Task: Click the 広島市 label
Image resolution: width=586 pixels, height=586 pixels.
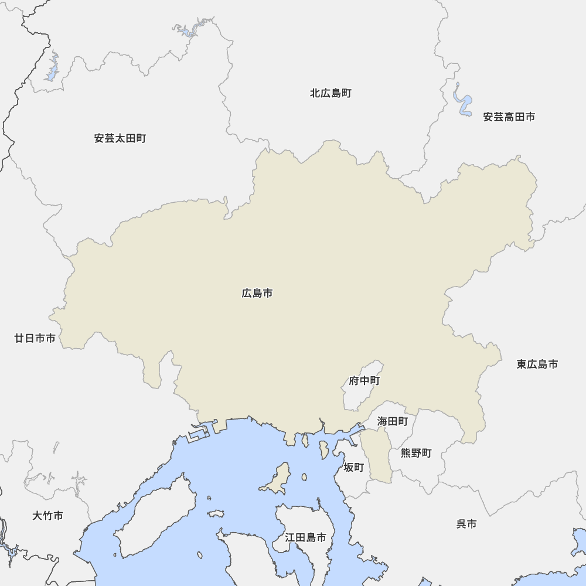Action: tap(257, 293)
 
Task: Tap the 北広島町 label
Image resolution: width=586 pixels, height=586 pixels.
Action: tap(331, 93)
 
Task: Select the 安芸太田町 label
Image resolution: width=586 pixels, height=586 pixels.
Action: tap(120, 139)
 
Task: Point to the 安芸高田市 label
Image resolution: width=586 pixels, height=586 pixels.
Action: tap(509, 117)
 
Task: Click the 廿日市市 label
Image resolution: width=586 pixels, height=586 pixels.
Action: tap(35, 338)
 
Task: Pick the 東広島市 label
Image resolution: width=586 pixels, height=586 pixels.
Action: tap(537, 364)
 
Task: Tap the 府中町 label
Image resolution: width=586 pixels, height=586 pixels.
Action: tap(364, 381)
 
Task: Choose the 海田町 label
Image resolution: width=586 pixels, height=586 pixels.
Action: tap(393, 421)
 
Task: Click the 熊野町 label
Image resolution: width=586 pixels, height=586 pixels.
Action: tap(416, 453)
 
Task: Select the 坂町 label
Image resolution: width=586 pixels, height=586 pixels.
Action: tap(354, 468)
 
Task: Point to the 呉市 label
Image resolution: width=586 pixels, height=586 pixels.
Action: tap(466, 524)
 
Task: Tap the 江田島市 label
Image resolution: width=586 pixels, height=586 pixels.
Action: tap(305, 537)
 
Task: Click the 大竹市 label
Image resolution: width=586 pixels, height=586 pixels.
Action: tap(48, 516)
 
